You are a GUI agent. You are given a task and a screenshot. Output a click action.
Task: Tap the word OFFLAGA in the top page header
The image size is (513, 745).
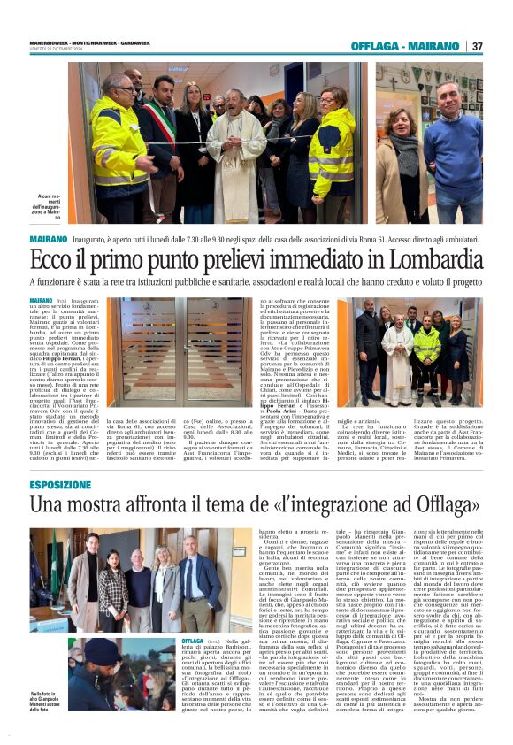tap(375, 46)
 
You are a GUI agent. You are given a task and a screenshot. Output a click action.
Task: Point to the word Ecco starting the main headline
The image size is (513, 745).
tap(50, 262)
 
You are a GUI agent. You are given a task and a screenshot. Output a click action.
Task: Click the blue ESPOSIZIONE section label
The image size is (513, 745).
tap(59, 485)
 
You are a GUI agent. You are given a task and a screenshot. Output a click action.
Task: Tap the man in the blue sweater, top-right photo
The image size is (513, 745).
tap(453, 146)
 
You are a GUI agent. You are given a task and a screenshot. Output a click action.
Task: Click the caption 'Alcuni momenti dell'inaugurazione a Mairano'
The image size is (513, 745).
tap(51, 206)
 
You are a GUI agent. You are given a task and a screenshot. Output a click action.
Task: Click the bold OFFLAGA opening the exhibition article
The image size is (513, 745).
tap(192, 640)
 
